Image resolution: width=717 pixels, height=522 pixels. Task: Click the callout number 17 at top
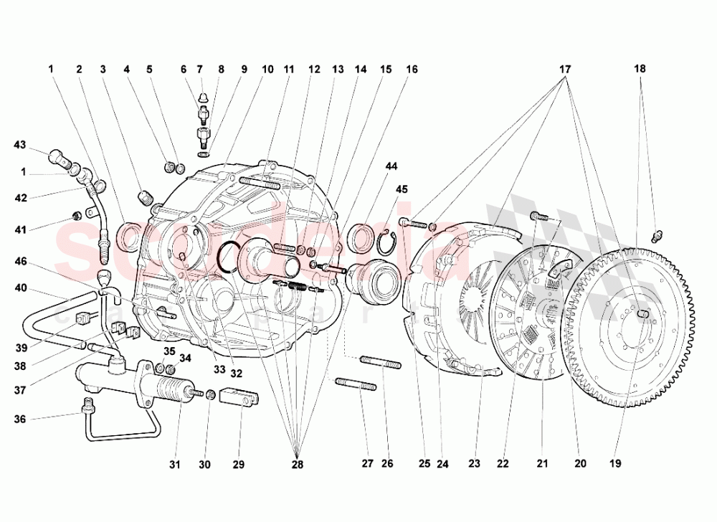565,70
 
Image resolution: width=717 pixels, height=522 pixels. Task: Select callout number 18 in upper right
640,70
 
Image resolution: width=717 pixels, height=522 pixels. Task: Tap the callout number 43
19,146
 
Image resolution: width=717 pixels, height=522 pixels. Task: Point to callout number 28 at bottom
298,464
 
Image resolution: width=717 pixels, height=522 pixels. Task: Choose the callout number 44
391,166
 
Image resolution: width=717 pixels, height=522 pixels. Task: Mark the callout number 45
402,189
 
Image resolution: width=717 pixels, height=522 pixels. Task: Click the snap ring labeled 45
387,243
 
